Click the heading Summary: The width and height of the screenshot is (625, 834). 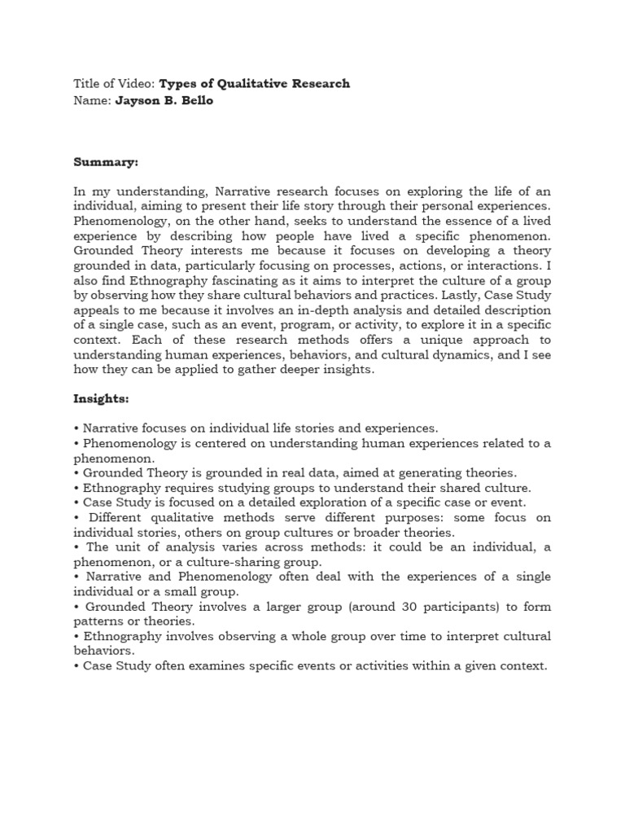point(106,163)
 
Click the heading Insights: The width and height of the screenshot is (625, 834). point(102,400)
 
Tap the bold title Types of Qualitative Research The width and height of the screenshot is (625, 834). point(254,84)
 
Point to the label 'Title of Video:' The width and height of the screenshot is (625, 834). point(114,84)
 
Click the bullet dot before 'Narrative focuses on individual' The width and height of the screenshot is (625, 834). point(76,428)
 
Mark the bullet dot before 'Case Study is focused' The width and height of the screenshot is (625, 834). point(76,502)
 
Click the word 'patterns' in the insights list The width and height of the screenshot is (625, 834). point(97,621)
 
